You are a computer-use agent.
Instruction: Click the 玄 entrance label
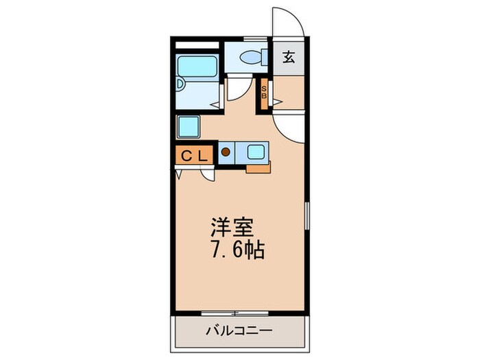click(289, 58)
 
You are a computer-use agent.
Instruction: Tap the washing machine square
click(189, 127)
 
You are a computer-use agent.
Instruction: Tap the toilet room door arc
click(237, 88)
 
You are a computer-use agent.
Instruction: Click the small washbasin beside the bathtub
click(180, 84)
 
